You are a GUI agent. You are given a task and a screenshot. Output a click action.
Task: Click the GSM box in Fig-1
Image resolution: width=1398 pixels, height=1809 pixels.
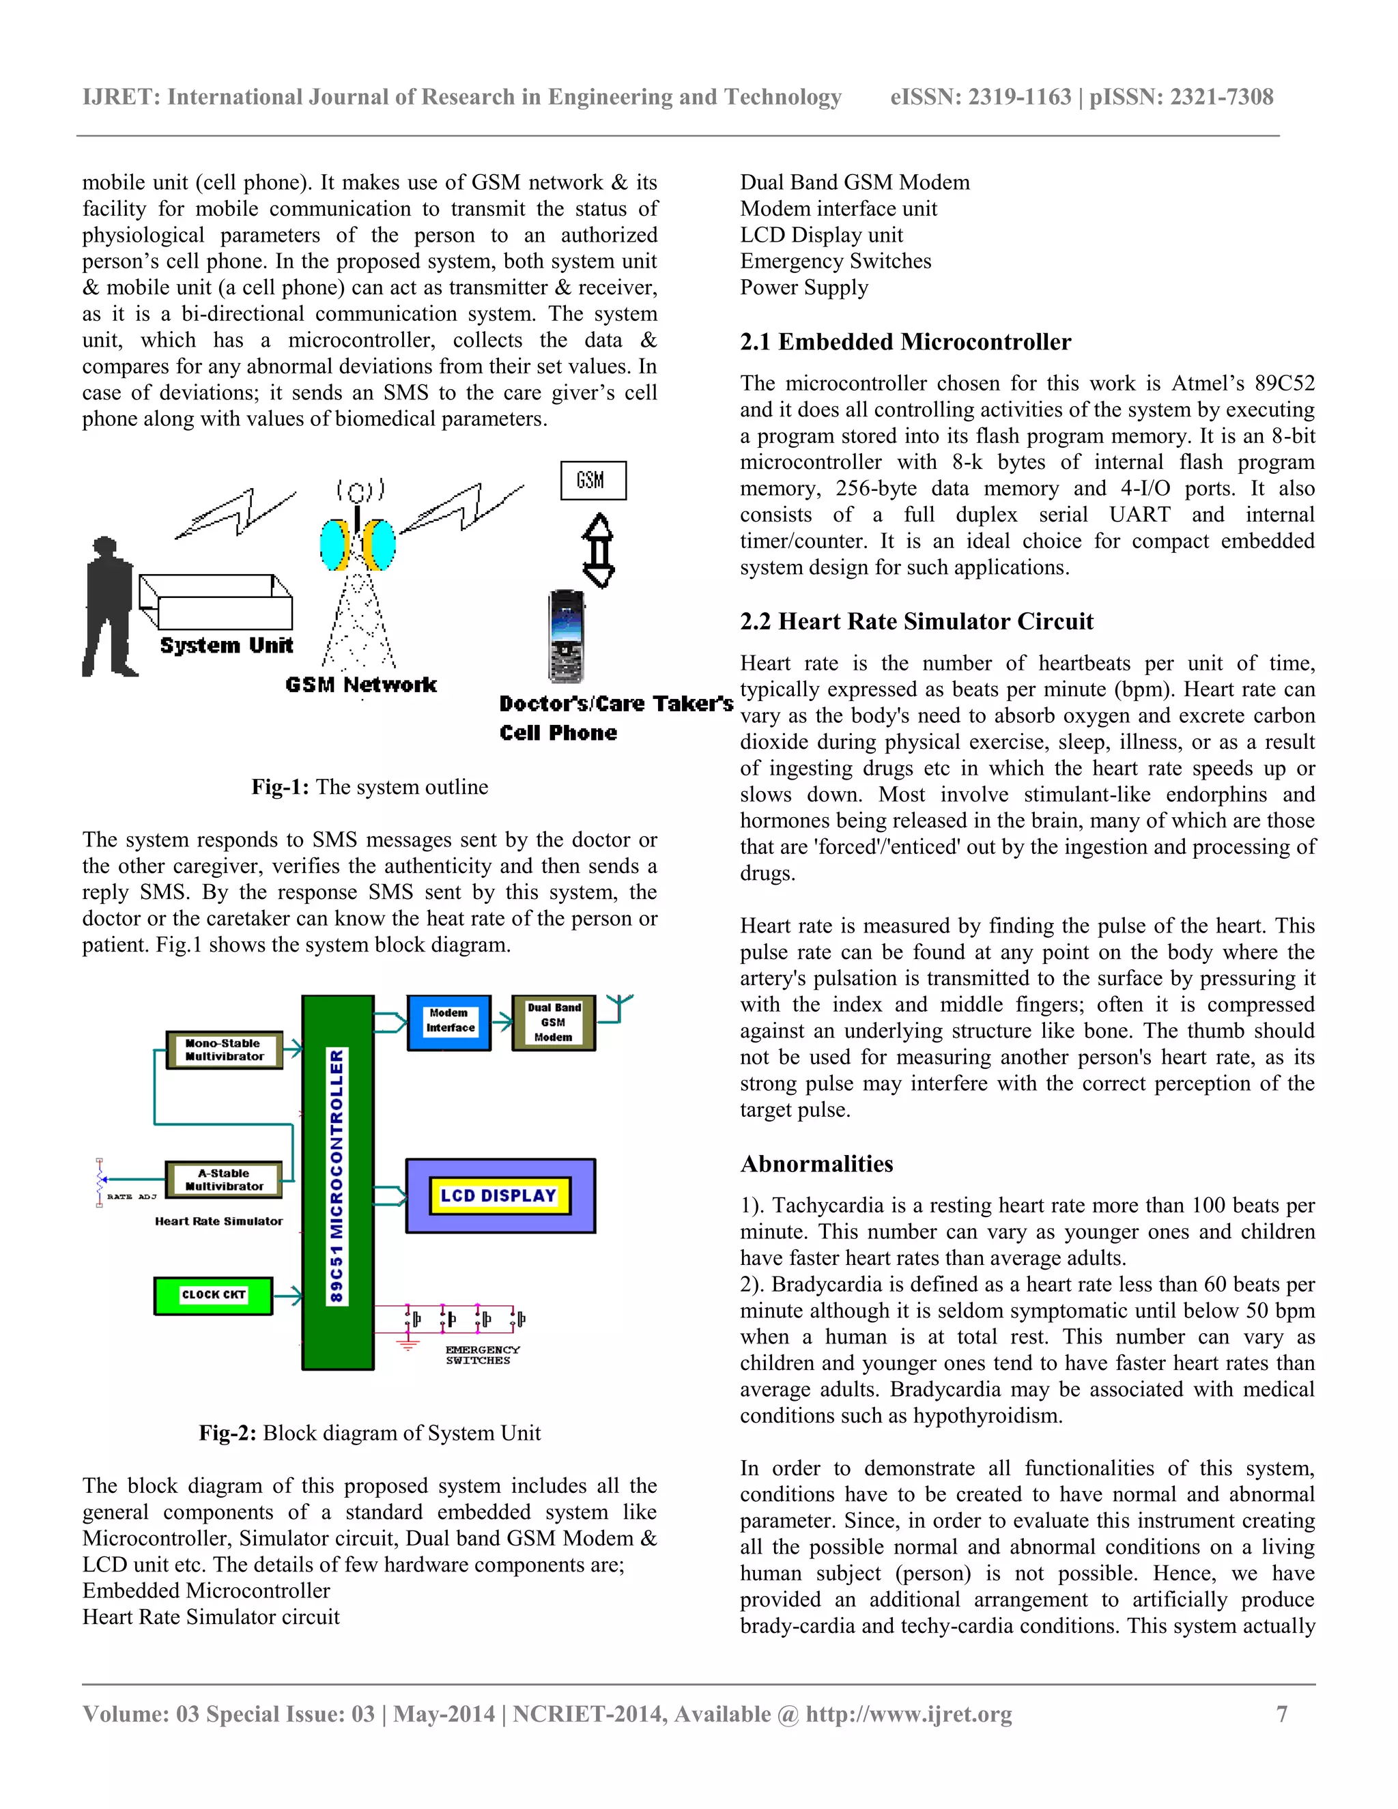593,481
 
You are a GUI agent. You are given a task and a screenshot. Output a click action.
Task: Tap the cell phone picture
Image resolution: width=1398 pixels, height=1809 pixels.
567,636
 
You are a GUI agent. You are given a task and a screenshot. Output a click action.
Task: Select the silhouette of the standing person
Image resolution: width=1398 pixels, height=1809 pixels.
109,606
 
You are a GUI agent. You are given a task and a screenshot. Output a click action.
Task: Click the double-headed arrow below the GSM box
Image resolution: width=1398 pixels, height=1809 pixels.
599,550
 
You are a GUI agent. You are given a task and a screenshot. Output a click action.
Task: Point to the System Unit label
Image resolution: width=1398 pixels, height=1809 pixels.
226,645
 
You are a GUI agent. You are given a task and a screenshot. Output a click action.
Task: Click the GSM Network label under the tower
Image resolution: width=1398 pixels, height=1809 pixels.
360,684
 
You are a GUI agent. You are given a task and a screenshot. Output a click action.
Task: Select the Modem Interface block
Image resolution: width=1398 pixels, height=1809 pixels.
450,1022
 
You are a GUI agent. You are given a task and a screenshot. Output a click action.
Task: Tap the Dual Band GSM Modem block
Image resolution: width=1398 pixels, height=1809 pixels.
553,1022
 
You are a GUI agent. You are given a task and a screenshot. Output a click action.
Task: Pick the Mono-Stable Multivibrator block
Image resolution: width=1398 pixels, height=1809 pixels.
225,1051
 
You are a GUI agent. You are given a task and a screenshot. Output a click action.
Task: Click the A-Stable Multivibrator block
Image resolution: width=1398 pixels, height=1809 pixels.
225,1180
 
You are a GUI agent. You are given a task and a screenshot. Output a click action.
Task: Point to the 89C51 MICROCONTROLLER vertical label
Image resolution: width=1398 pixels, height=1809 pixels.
337,1176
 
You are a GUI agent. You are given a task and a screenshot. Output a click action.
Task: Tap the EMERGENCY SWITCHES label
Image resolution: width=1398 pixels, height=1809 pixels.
481,1355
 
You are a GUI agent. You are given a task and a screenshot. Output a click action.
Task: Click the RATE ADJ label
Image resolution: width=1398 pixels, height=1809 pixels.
131,1197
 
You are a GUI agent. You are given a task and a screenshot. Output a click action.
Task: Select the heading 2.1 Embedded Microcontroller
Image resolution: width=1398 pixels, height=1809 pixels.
905,342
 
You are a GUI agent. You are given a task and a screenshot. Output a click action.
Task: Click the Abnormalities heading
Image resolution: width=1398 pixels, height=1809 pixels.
816,1164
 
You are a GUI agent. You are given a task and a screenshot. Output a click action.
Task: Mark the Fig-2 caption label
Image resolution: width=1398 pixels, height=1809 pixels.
227,1433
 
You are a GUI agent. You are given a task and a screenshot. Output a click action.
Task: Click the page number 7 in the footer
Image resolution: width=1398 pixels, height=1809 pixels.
1282,1713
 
